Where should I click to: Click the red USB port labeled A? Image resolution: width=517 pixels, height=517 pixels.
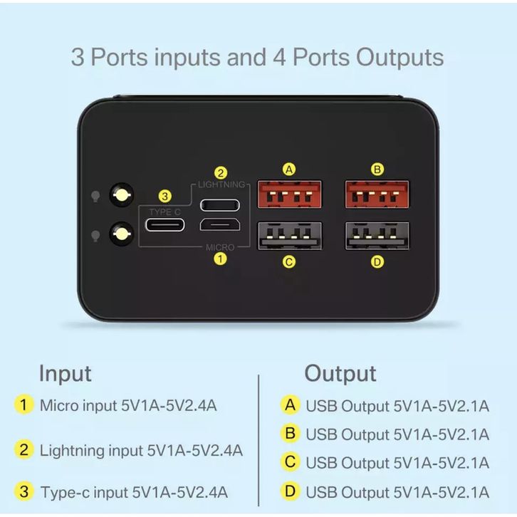click(x=288, y=194)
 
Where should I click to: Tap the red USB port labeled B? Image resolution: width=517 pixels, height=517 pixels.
click(x=377, y=194)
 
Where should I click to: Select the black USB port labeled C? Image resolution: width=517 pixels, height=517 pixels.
click(x=288, y=236)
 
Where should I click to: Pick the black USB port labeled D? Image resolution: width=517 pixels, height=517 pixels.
click(x=377, y=236)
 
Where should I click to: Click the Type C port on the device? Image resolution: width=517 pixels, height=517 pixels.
click(x=165, y=225)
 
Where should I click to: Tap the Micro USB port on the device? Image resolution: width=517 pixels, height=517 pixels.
click(x=220, y=226)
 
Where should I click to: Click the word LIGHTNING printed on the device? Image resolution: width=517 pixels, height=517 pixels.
click(x=221, y=184)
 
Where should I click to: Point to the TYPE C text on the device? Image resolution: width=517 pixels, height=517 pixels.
click(x=165, y=211)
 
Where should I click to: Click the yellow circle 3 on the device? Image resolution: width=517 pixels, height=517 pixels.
click(x=165, y=196)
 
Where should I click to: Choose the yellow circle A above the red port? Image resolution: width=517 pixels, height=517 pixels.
click(x=288, y=169)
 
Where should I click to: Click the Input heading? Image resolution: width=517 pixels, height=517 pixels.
click(x=65, y=373)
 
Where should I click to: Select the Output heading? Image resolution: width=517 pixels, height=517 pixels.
click(x=340, y=373)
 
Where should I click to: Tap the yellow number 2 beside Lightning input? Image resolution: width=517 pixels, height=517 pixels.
click(x=25, y=449)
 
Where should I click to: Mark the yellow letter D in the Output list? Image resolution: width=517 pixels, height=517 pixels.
click(x=290, y=491)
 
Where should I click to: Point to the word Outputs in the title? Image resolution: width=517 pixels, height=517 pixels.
click(x=399, y=57)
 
